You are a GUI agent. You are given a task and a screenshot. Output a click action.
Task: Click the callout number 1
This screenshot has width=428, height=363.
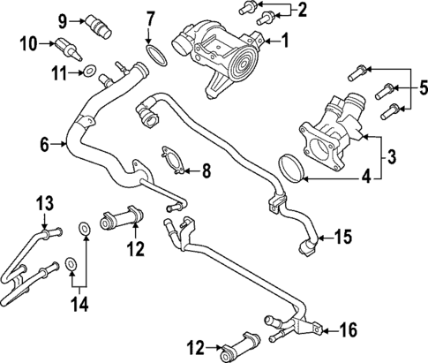[285, 39]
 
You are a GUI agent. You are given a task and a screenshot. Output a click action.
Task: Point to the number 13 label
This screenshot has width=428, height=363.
[43, 204]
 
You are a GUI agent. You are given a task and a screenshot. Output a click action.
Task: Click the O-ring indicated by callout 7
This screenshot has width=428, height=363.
[156, 57]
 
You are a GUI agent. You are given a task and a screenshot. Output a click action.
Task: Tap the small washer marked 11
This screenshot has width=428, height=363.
[90, 69]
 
